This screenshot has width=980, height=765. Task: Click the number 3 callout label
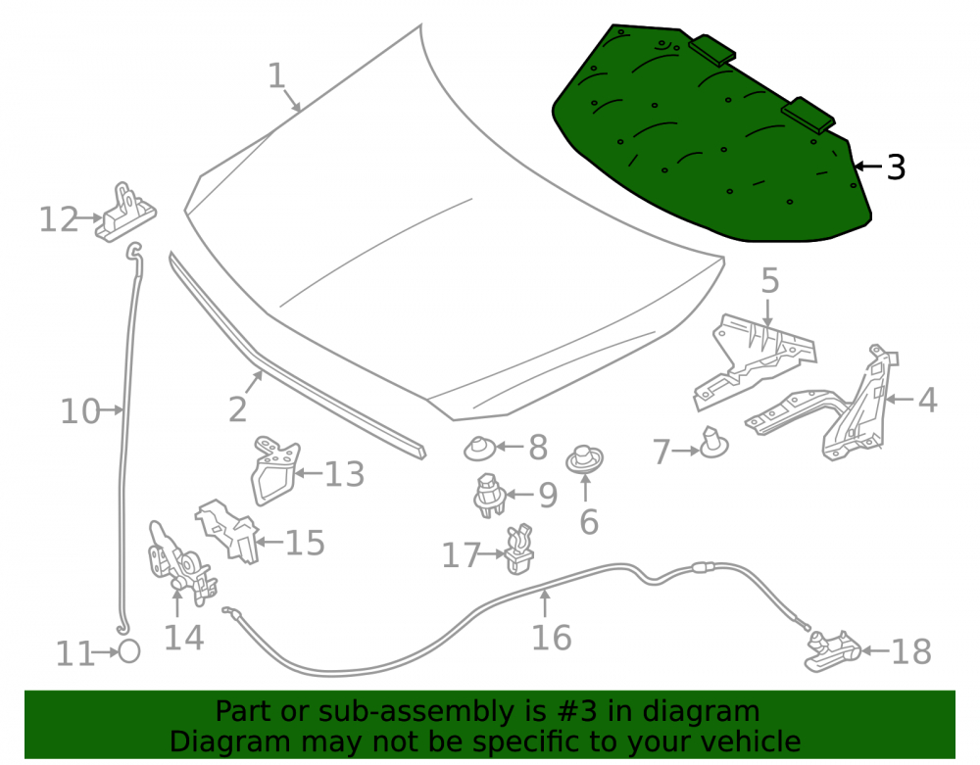[x=896, y=167]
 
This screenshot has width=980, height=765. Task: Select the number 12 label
[x=59, y=219]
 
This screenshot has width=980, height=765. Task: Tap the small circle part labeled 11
[x=129, y=652]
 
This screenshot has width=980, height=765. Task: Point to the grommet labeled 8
[x=479, y=449]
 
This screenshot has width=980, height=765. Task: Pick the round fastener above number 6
[x=584, y=459]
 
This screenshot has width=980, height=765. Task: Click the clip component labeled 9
[x=489, y=496]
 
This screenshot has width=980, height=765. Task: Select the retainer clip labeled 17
[x=518, y=549]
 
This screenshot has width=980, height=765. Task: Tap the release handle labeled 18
[x=832, y=651]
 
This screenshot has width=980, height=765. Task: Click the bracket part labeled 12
[x=125, y=213]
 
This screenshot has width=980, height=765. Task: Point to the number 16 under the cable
[x=551, y=638]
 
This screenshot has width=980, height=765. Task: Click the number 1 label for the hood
[x=277, y=76]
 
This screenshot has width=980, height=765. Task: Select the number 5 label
[x=770, y=280]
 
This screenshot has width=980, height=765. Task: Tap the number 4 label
[x=927, y=401]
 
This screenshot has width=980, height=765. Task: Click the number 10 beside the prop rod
[x=80, y=412]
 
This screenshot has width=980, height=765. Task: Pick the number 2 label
[x=237, y=409]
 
